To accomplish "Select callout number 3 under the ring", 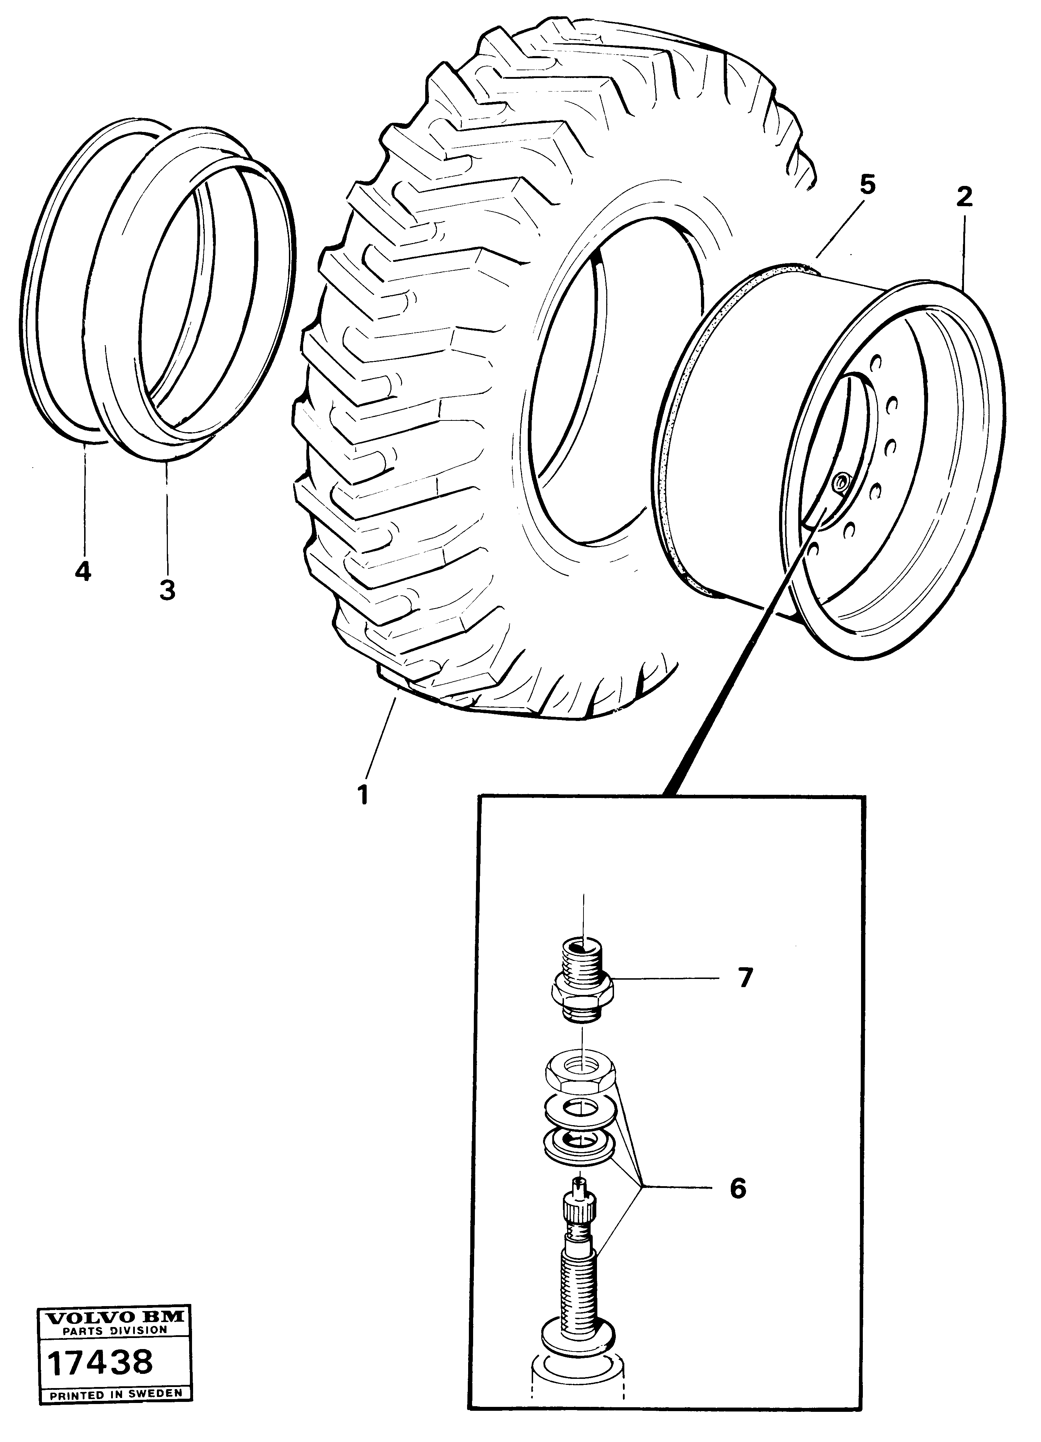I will point(166,590).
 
